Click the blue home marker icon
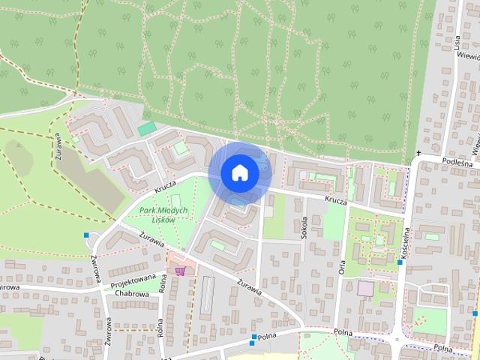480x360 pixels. tap(239, 173)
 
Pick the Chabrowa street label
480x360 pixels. tap(133, 294)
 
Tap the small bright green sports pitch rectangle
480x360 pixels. tap(147, 129)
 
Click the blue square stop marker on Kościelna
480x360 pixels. tap(400, 262)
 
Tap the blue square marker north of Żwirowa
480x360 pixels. tap(88, 236)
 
